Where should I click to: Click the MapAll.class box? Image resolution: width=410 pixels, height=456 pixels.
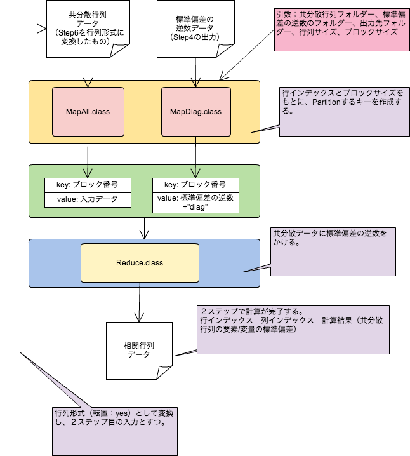tap(88, 112)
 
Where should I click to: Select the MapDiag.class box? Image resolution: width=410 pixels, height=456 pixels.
tap(195, 112)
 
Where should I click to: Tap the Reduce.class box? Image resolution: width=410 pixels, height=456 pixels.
tap(140, 263)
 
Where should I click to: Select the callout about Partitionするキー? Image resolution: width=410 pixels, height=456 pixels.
tap(343, 112)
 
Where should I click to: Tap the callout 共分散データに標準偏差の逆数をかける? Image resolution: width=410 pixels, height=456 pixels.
tap(333, 251)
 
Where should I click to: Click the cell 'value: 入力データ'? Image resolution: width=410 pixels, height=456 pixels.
tap(88, 199)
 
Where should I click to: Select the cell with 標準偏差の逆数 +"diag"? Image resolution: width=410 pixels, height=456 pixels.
tap(195, 202)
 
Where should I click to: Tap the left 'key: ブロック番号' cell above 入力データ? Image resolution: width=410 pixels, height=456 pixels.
tap(88, 185)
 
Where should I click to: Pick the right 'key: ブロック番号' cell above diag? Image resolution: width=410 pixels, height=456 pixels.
tap(195, 185)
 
